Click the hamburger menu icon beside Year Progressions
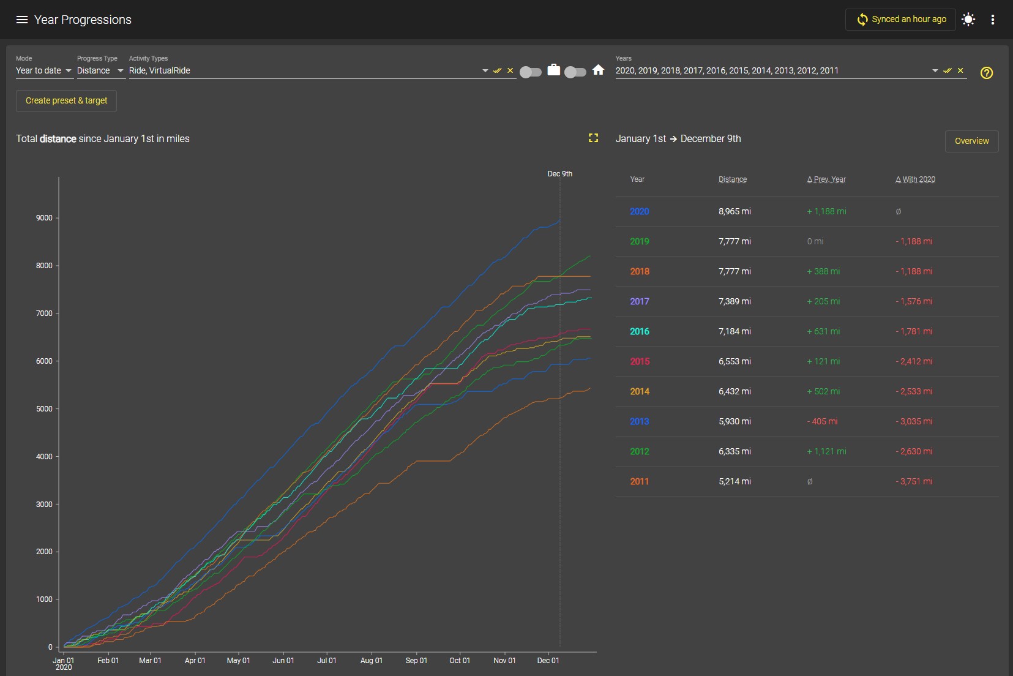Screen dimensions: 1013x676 (21, 20)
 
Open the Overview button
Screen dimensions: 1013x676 (971, 141)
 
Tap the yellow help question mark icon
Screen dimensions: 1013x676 (986, 73)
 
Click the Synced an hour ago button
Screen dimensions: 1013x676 (900, 20)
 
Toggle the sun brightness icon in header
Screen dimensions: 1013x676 (968, 20)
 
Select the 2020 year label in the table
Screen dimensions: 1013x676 (639, 211)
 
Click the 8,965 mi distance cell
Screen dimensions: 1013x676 (735, 211)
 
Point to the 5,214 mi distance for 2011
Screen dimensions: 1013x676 (735, 481)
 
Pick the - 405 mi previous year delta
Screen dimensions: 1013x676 (821, 421)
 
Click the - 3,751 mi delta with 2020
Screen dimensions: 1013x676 (913, 481)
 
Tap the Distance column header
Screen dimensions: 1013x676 (732, 179)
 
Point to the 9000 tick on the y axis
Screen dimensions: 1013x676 (44, 218)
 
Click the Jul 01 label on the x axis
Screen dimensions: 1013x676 (326, 661)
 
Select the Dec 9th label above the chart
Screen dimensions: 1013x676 (559, 174)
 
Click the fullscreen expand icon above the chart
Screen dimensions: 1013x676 (593, 138)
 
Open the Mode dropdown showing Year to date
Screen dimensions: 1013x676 (44, 70)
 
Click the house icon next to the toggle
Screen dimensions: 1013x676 (598, 70)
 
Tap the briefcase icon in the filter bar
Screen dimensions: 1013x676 (553, 70)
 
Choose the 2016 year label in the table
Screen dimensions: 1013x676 (639, 331)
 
